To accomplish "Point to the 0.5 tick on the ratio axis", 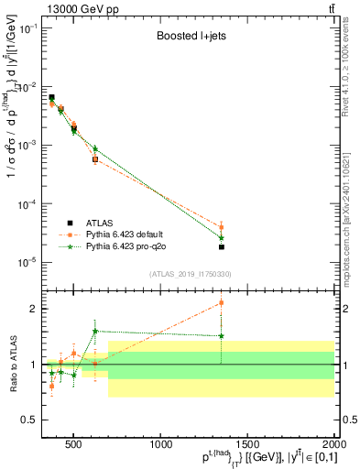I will tap(32, 420).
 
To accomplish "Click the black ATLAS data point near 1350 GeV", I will tap(222, 247).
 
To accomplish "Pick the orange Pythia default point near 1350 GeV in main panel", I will tap(222, 227).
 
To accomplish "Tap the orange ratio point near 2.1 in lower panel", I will tap(222, 302).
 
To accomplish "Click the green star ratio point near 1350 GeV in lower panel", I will tap(222, 336).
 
